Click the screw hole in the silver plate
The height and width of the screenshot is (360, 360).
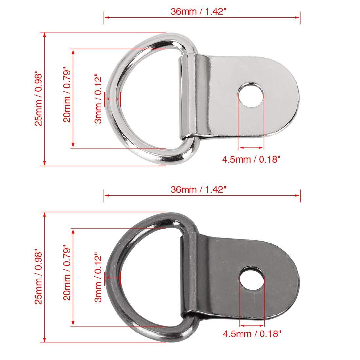(x=251, y=95)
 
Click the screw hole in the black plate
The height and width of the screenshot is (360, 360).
(x=252, y=279)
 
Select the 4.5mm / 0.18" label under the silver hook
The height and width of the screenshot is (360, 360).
(x=251, y=159)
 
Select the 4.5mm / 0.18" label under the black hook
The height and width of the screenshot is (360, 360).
(x=252, y=333)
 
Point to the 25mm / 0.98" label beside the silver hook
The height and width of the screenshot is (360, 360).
(x=39, y=99)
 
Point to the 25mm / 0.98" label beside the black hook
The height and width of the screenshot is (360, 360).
(x=39, y=278)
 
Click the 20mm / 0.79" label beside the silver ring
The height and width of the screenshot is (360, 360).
(x=67, y=95)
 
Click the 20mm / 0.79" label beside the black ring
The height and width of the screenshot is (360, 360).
(x=67, y=273)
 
